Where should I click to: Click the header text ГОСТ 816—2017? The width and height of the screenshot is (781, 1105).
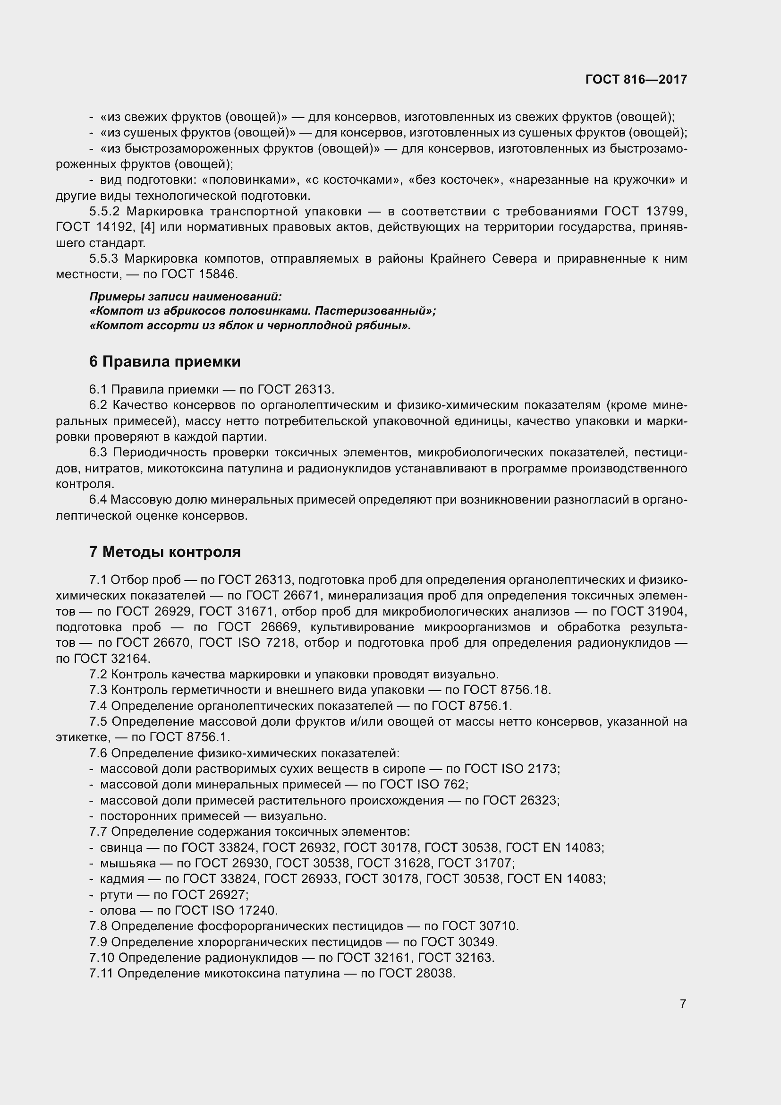click(636, 80)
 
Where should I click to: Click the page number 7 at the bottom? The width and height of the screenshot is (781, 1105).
click(683, 1003)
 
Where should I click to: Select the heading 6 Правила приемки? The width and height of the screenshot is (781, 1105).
click(164, 361)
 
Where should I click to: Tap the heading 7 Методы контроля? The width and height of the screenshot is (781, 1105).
click(164, 552)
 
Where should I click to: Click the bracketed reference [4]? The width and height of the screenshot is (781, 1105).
click(147, 227)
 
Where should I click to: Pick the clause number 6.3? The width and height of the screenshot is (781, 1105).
click(99, 453)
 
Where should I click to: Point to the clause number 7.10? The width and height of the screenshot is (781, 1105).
click(101, 958)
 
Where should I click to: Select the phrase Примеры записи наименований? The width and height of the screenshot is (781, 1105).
click(185, 296)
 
